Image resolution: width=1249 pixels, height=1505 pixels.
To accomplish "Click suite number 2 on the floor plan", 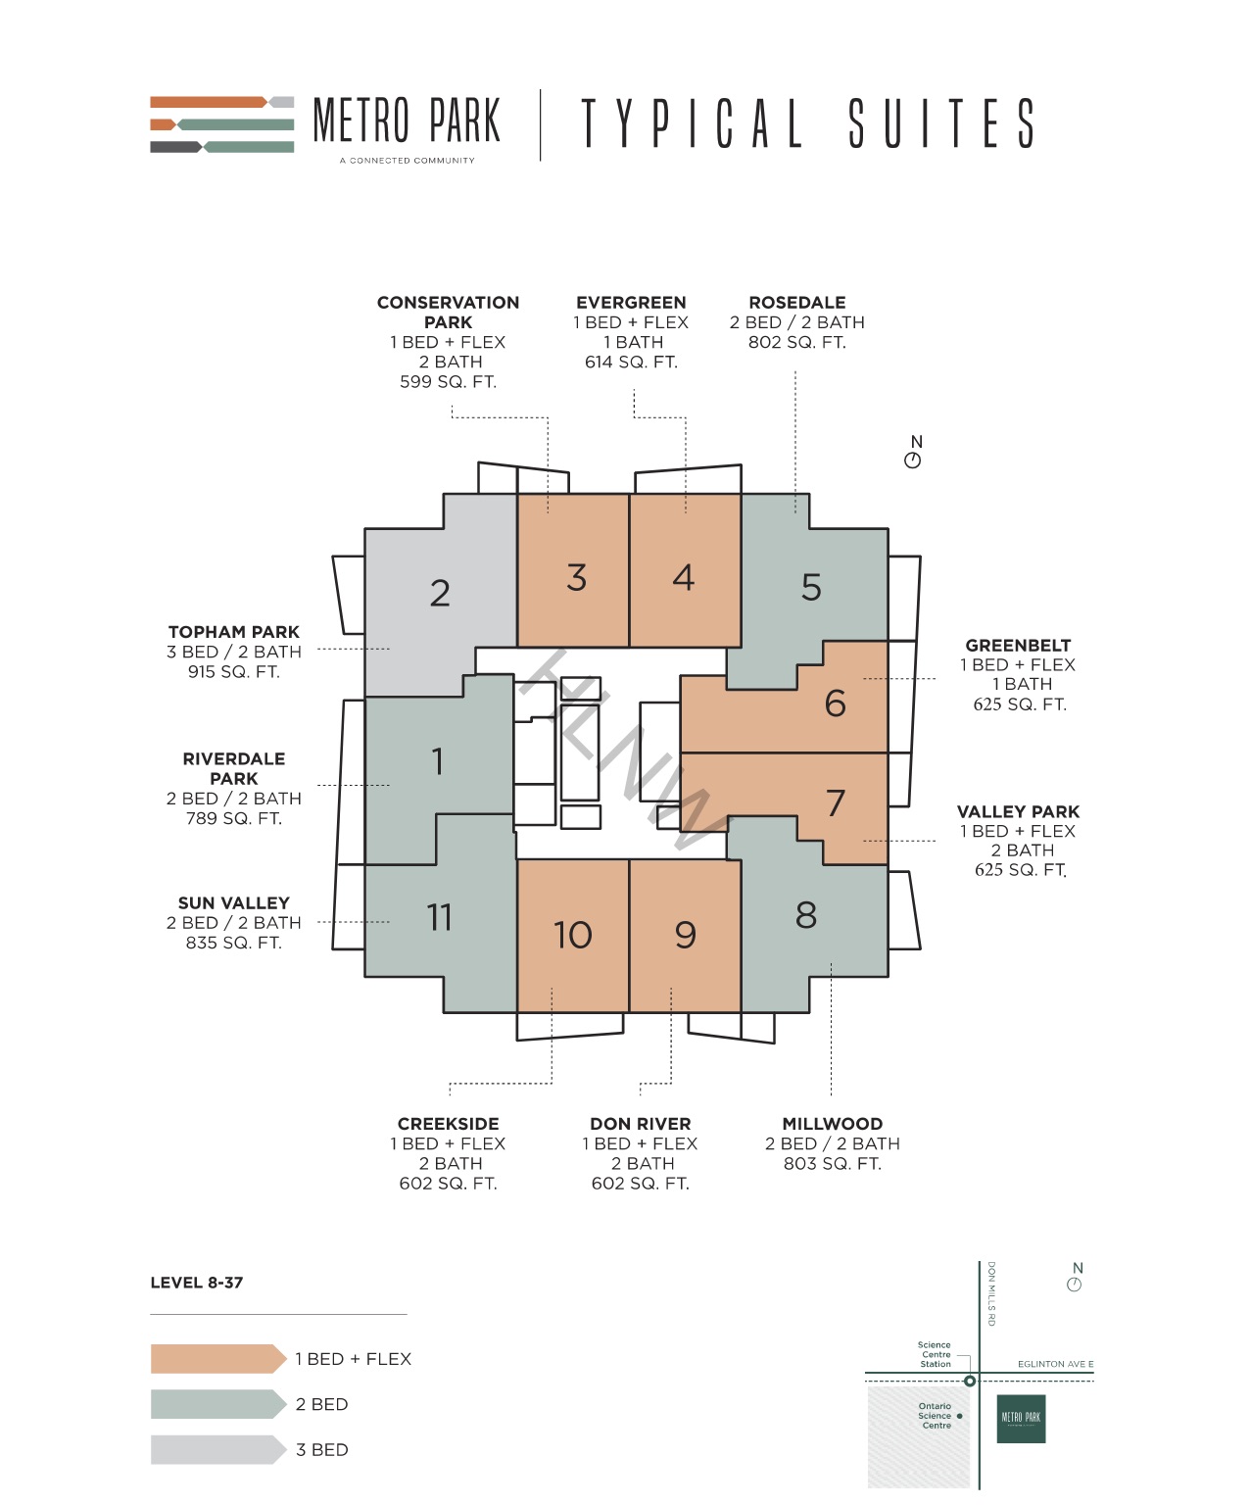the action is (440, 593).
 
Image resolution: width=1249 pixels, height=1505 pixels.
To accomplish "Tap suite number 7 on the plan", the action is (836, 802).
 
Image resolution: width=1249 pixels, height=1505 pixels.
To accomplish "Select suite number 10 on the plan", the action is (573, 935).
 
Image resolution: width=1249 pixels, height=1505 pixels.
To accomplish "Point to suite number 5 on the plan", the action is (811, 588).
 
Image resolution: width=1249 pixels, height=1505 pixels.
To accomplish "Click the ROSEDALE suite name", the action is (797, 303).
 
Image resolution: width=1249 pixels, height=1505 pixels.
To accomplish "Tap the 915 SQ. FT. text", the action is (233, 672).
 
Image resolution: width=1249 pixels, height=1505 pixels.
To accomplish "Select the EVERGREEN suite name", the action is (631, 303).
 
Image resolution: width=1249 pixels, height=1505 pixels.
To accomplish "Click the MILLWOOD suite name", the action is (833, 1124).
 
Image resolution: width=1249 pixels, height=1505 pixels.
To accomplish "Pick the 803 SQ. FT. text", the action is (833, 1163).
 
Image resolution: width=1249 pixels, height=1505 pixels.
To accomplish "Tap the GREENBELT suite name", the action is (1019, 645).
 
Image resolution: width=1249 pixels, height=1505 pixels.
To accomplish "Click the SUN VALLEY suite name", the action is (233, 903).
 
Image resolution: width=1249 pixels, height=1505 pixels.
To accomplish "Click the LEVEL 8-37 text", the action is (197, 1283).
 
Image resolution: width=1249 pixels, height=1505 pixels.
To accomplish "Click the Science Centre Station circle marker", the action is (970, 1381).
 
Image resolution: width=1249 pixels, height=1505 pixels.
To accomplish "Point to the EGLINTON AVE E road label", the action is (1055, 1364).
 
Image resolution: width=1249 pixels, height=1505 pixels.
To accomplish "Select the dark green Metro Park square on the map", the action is (1022, 1419).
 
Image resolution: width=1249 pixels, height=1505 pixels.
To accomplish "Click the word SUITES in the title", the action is (941, 123).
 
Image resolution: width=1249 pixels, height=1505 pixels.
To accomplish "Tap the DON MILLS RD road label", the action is (991, 1293).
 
